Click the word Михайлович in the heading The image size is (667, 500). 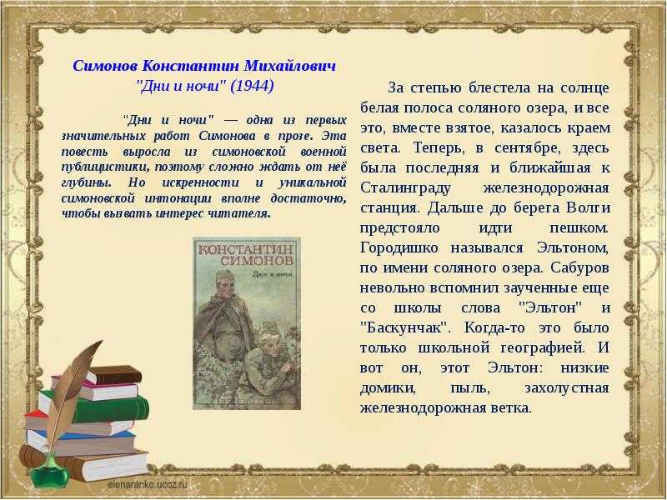pyautogui.click(x=289, y=66)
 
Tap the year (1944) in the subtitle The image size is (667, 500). pyautogui.click(x=252, y=87)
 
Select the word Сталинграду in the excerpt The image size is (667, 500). pyautogui.click(x=405, y=188)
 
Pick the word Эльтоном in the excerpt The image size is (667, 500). pyautogui.click(x=573, y=247)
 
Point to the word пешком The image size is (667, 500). pyautogui.click(x=579, y=227)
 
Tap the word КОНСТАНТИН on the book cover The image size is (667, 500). pyautogui.click(x=247, y=248)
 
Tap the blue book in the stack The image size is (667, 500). pyautogui.click(x=81, y=442)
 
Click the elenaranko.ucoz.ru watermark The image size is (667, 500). pyautogui.click(x=148, y=484)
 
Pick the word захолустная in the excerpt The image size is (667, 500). pyautogui.click(x=567, y=388)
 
